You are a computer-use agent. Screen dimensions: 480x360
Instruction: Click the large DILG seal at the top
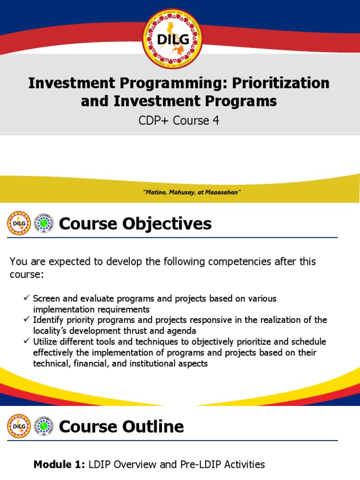[172, 39]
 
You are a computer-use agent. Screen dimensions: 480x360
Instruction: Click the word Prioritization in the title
[287, 83]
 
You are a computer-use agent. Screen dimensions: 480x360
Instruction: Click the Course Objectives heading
[135, 224]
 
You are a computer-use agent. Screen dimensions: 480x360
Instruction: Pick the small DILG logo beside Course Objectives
[19, 224]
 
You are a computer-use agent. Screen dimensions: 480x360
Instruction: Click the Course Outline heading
[121, 427]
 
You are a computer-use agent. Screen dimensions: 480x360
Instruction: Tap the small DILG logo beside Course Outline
[19, 426]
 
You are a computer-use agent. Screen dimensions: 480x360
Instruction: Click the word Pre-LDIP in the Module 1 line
[208, 465]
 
